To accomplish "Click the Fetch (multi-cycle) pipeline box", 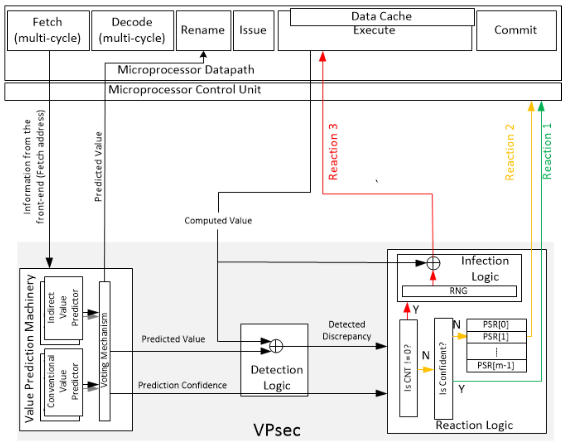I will click(48, 30).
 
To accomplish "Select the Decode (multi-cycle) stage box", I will click(132, 30).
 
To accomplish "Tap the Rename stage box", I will click(203, 30).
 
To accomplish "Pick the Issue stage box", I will click(253, 30).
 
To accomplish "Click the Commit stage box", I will click(516, 30).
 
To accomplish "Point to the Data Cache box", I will click(382, 17).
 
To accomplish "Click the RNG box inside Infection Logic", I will click(459, 291).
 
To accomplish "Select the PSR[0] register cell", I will click(496, 325).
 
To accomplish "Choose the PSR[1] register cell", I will click(496, 337).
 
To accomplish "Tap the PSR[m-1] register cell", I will click(496, 365).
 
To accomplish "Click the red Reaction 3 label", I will click(333, 152).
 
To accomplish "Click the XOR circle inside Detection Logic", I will click(276, 346).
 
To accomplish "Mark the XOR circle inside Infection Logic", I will click(433, 263).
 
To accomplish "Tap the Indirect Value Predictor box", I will click(63, 308).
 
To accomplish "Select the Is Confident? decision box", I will click(443, 368).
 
